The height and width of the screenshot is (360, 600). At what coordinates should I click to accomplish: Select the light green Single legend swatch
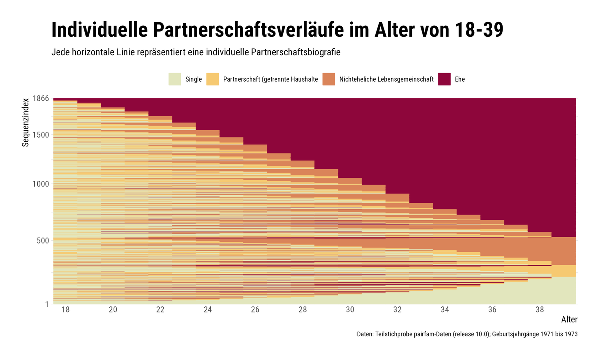click(x=175, y=79)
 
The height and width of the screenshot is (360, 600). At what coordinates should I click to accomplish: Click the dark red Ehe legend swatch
click(x=444, y=79)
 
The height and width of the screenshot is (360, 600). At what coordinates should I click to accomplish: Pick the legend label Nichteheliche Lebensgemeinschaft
click(x=386, y=79)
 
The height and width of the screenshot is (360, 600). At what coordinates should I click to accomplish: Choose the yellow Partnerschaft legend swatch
click(x=213, y=79)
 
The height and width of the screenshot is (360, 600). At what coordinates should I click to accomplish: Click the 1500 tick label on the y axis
click(x=42, y=135)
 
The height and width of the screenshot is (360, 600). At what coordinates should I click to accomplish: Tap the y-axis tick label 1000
click(x=42, y=184)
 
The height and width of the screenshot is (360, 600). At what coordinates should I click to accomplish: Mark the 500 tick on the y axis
click(x=43, y=240)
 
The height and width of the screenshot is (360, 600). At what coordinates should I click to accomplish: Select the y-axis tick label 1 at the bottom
click(x=47, y=304)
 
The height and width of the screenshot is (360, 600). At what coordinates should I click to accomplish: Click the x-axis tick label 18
click(x=65, y=310)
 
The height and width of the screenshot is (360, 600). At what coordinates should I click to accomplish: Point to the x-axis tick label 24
click(x=208, y=310)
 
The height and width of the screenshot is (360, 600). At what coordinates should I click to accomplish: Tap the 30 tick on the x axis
click(x=350, y=310)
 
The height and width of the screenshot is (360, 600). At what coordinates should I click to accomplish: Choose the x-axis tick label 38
click(x=540, y=310)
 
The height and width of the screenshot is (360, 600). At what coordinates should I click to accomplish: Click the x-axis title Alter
click(x=569, y=320)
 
